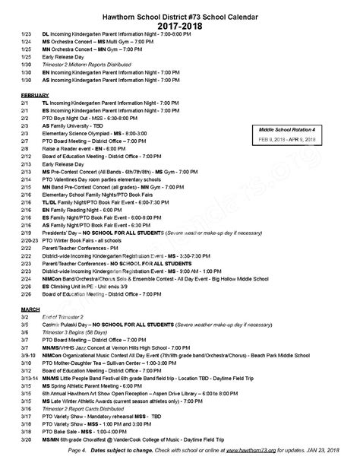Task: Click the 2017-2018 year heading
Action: [x=180, y=25]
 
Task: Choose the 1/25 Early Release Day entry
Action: [x=71, y=57]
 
